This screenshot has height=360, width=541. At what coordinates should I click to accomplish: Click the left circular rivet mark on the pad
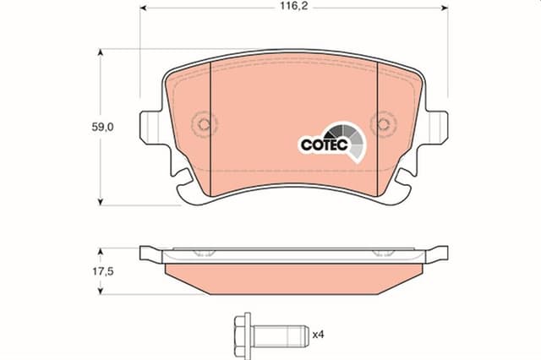click(x=203, y=126)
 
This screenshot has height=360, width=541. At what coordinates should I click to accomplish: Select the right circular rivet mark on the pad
click(x=383, y=126)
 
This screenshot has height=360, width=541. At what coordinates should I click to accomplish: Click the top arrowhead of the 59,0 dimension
click(x=101, y=53)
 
